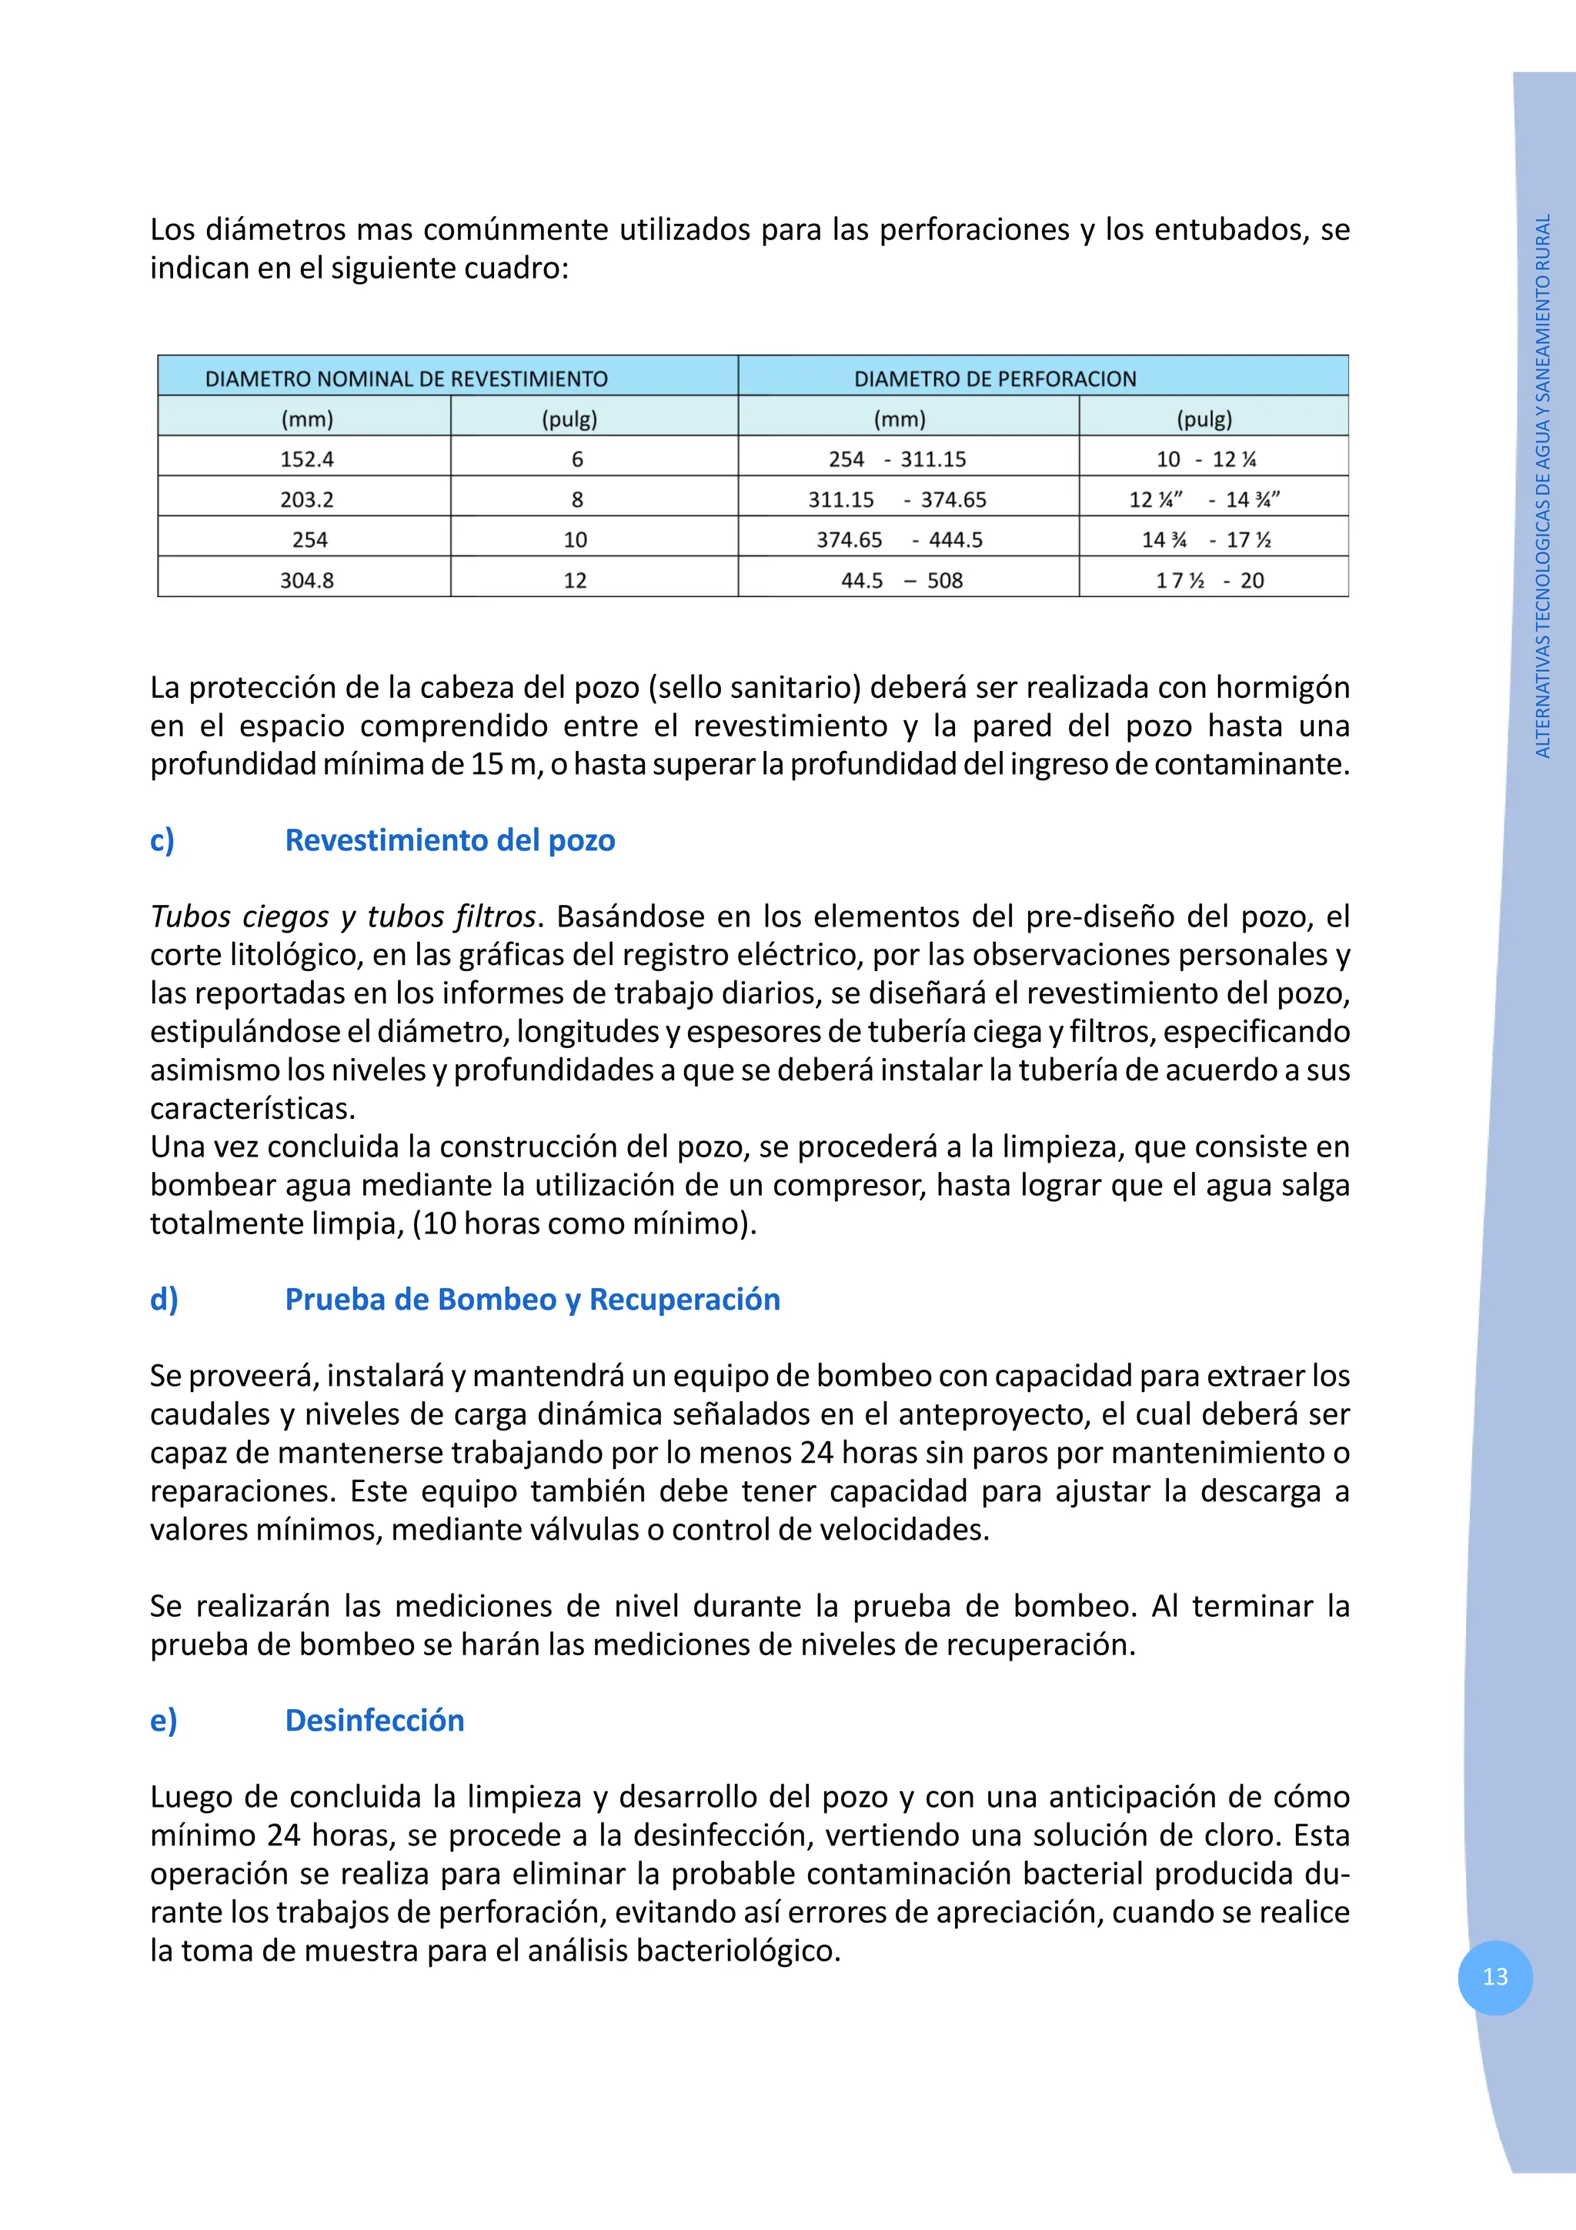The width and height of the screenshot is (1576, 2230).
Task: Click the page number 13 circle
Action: (x=1494, y=1977)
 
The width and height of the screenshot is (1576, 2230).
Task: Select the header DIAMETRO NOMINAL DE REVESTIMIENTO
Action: (x=406, y=379)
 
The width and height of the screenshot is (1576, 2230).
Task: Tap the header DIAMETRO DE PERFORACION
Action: (x=994, y=379)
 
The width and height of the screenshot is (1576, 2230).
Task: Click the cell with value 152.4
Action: (x=307, y=459)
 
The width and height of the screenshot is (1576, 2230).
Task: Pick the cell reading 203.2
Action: (x=307, y=499)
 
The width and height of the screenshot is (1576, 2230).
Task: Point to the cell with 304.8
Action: (x=307, y=580)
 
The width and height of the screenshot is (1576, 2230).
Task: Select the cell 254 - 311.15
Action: (x=897, y=459)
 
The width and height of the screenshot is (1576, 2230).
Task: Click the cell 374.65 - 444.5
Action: (x=899, y=540)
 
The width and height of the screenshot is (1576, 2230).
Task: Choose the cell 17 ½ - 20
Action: (x=1209, y=580)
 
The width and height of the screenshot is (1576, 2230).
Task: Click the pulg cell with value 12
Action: (x=575, y=580)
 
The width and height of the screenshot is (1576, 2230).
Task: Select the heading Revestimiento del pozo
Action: (x=449, y=840)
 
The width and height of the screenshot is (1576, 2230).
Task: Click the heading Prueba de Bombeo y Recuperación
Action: (x=532, y=1300)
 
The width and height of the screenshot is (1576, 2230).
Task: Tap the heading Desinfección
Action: (x=374, y=1720)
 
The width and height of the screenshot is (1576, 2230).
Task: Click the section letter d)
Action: (x=164, y=1300)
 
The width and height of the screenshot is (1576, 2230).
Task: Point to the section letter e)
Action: (x=164, y=1720)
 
